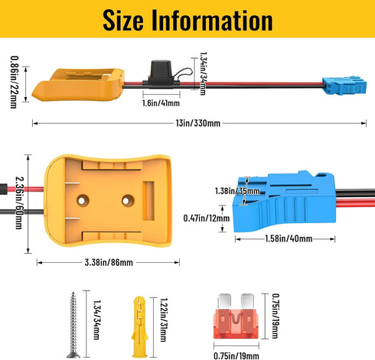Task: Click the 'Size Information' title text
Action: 187,20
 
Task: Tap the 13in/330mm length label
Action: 198,123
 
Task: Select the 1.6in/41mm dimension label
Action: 161,103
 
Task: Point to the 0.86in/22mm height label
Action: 15,82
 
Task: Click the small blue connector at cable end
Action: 344,85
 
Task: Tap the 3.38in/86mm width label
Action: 109,262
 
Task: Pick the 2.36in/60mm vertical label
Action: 20,203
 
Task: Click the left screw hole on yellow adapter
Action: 83,201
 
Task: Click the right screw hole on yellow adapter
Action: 127,201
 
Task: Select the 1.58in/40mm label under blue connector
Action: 289,238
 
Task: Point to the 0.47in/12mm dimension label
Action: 207,219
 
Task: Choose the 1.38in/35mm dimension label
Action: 237,191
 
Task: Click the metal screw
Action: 73,325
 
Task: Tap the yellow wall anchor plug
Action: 139,326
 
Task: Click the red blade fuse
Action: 236,316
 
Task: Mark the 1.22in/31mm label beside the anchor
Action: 164,320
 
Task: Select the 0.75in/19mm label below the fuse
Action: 236,355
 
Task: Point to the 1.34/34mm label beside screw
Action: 96,319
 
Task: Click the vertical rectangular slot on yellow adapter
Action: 148,201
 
